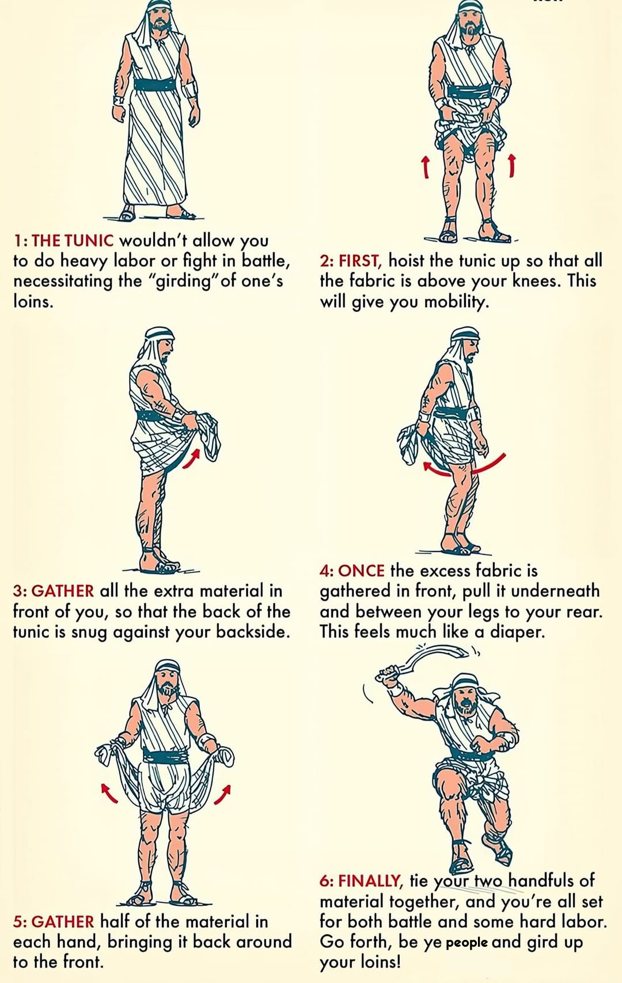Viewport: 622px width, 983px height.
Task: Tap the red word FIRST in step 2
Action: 361,261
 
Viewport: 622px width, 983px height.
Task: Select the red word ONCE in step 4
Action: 362,571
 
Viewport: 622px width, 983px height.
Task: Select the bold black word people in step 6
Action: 466,942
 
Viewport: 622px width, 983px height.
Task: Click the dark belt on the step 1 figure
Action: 154,84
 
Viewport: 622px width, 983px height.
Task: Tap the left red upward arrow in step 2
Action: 425,167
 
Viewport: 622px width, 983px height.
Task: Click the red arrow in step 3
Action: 191,458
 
